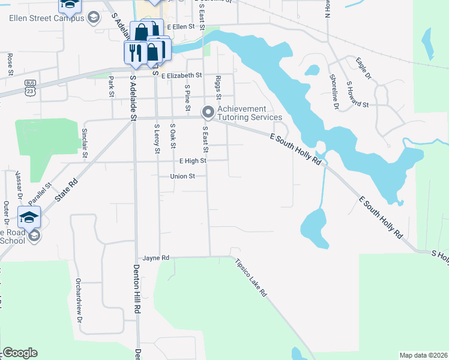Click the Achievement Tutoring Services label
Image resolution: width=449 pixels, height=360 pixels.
click(x=249, y=113)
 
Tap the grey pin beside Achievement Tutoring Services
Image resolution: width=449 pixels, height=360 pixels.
click(x=208, y=112)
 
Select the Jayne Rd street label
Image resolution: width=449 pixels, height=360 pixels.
click(x=156, y=257)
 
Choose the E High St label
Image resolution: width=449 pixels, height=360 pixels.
click(x=193, y=161)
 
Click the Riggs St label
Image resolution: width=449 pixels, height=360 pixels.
click(x=218, y=88)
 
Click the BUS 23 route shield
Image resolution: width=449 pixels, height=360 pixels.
click(x=30, y=86)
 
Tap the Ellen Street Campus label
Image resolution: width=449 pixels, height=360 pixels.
click(x=46, y=18)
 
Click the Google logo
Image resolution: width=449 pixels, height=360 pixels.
click(x=20, y=353)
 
